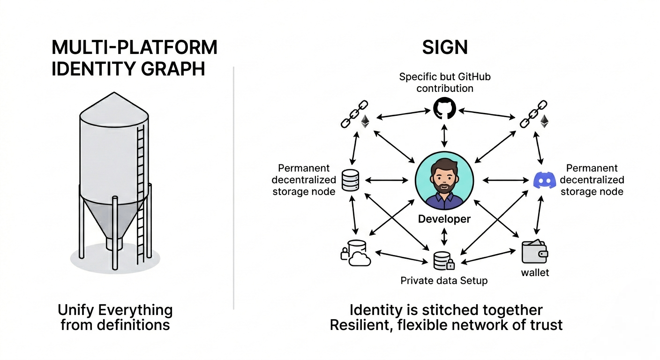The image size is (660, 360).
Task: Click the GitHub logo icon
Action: [444, 109]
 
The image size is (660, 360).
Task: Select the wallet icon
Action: [535, 252]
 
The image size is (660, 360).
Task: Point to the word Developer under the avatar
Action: [444, 219]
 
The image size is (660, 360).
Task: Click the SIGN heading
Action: [445, 47]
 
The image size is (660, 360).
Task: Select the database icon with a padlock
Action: [443, 261]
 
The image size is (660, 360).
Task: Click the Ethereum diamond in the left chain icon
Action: [365, 122]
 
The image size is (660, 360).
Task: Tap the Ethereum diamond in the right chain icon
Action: [544, 122]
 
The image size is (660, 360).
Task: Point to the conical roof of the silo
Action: [114, 109]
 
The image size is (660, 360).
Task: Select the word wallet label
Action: [535, 272]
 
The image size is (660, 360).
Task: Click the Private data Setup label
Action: [444, 281]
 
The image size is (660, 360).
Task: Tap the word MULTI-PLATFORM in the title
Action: [134, 48]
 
